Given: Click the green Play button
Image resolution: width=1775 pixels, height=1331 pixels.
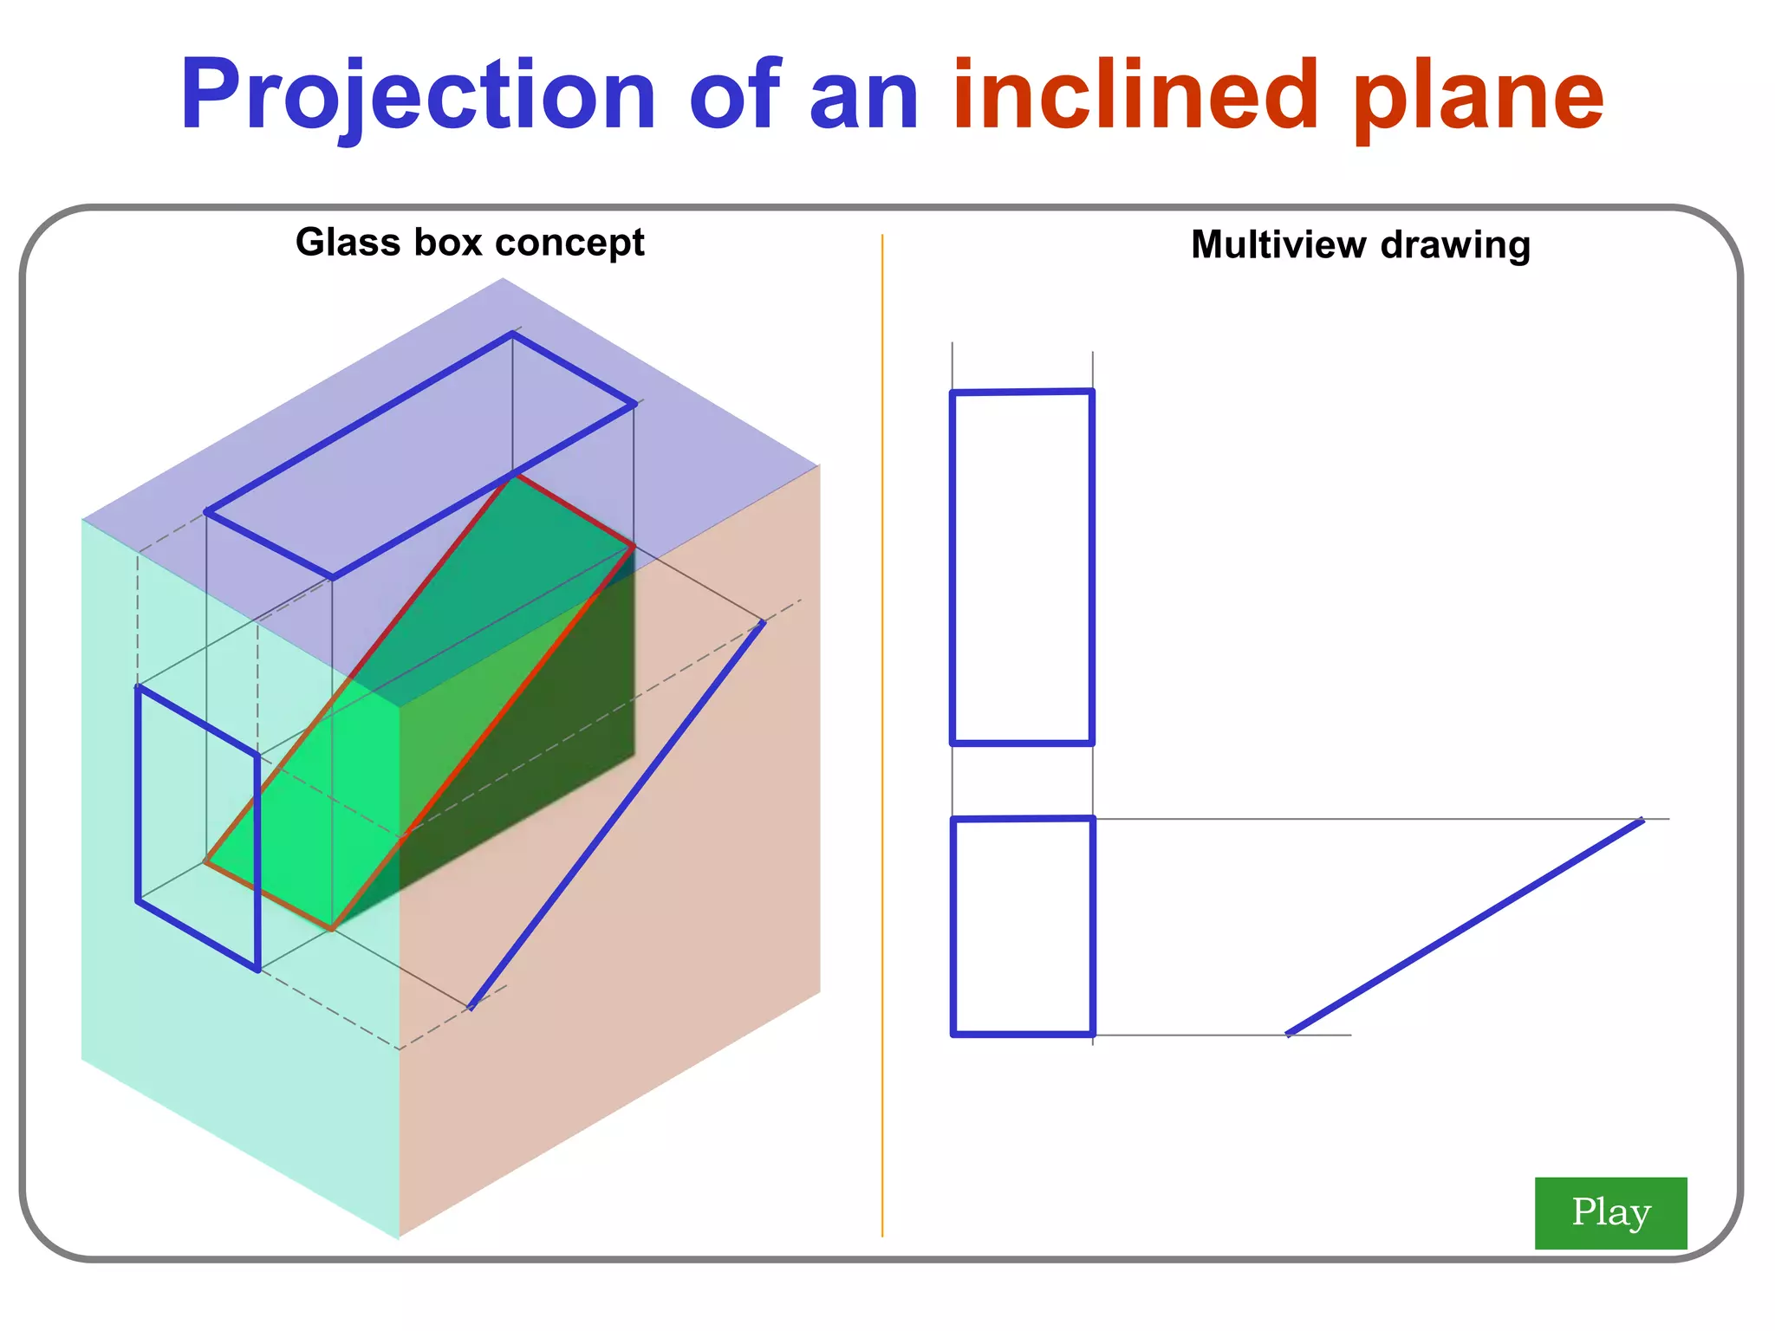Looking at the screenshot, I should pyautogui.click(x=1609, y=1212).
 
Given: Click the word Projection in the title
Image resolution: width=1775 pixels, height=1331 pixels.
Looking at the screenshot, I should pyautogui.click(x=417, y=95).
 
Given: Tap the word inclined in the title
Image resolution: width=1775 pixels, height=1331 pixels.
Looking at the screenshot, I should pyautogui.click(x=1135, y=95).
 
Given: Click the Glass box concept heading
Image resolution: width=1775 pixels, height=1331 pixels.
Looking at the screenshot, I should pyautogui.click(x=469, y=243).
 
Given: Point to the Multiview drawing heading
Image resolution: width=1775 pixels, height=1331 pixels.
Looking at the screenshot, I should pyautogui.click(x=1360, y=245).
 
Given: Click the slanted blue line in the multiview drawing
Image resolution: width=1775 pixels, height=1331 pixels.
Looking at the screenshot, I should pyautogui.click(x=1465, y=926).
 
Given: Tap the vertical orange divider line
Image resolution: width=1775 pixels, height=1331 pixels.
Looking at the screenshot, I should pyautogui.click(x=882, y=737).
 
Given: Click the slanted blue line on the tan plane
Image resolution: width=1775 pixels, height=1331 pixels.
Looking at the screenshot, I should pyautogui.click(x=616, y=815).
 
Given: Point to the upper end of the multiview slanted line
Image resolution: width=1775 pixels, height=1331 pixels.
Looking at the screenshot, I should pyautogui.click(x=1641, y=821).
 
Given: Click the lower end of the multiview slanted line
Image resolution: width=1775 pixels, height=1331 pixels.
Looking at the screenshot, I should pyautogui.click(x=1289, y=1033).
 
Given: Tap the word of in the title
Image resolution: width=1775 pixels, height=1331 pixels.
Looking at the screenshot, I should pyautogui.click(x=735, y=95).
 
